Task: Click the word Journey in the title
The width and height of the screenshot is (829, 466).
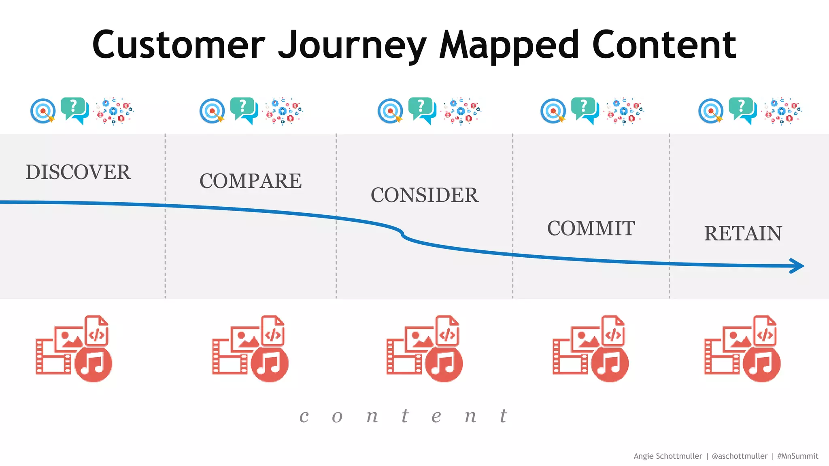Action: (x=352, y=45)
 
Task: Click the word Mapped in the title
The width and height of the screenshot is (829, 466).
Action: (x=509, y=45)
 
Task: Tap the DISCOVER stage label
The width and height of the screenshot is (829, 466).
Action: (x=78, y=172)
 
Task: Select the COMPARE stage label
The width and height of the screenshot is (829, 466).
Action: (x=251, y=181)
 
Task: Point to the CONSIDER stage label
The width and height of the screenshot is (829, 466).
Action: (x=425, y=195)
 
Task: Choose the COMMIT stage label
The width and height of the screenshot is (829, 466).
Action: (x=591, y=229)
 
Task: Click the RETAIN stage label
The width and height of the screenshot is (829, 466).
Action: (x=743, y=234)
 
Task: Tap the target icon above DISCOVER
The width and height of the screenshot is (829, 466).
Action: (x=43, y=111)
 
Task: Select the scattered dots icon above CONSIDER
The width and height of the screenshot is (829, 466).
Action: (x=462, y=110)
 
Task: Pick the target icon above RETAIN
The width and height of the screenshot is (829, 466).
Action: (x=711, y=111)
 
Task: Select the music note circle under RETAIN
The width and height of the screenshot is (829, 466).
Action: (x=762, y=364)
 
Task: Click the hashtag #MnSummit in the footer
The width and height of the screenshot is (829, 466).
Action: (x=797, y=456)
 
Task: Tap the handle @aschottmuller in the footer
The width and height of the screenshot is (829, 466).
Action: (x=739, y=456)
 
